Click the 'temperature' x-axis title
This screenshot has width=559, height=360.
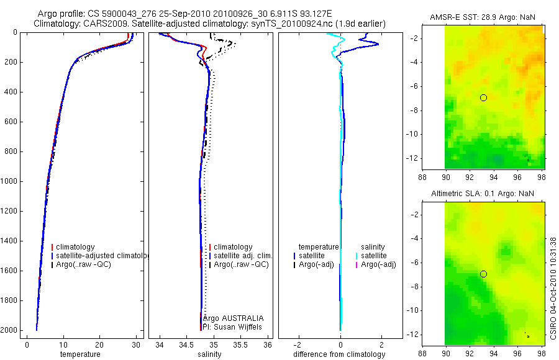pos(80,354)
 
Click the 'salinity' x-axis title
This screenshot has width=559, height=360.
pos(209,354)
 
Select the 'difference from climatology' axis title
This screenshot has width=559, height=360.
pos(339,354)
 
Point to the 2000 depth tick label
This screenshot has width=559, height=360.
pos(9,330)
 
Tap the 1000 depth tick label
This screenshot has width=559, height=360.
pos(9,181)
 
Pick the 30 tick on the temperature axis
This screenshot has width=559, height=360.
pos(135,344)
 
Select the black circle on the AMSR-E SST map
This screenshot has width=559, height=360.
pos(483,97)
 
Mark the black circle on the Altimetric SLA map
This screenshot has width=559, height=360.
pos(483,274)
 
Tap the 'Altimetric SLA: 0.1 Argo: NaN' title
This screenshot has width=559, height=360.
pos(483,194)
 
